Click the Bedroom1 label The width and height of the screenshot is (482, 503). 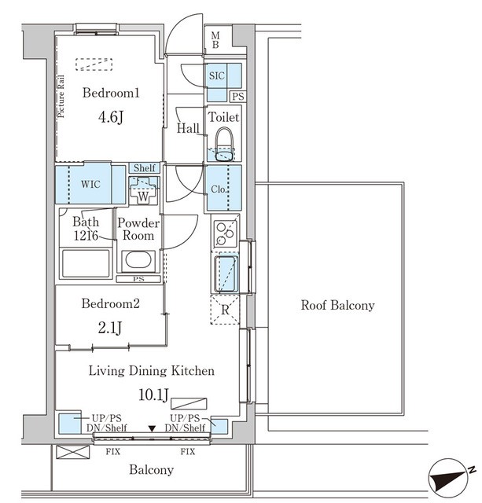[x=111, y=93]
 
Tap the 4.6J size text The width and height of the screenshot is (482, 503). [x=111, y=117]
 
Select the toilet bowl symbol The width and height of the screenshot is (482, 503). [x=224, y=145]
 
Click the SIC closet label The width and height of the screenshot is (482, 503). [x=216, y=76]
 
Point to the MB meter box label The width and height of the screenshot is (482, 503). [x=215, y=40]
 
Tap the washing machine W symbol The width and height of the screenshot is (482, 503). [x=143, y=190]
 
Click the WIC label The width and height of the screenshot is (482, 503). [x=90, y=185]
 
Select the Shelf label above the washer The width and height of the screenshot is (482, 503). [x=145, y=167]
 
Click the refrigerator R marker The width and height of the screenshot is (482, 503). [x=225, y=310]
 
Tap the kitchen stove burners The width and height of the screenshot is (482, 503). [x=226, y=233]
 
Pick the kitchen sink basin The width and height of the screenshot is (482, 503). [x=226, y=274]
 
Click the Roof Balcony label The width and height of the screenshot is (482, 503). [x=337, y=305]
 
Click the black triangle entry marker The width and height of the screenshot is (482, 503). [x=152, y=428]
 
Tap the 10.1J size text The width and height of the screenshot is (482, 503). [x=153, y=395]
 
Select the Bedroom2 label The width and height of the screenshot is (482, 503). [x=110, y=303]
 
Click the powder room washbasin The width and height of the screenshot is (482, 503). [x=138, y=260]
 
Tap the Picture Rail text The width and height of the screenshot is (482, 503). [x=61, y=97]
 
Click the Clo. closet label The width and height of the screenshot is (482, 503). [x=219, y=189]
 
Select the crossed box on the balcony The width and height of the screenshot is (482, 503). [x=72, y=452]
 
